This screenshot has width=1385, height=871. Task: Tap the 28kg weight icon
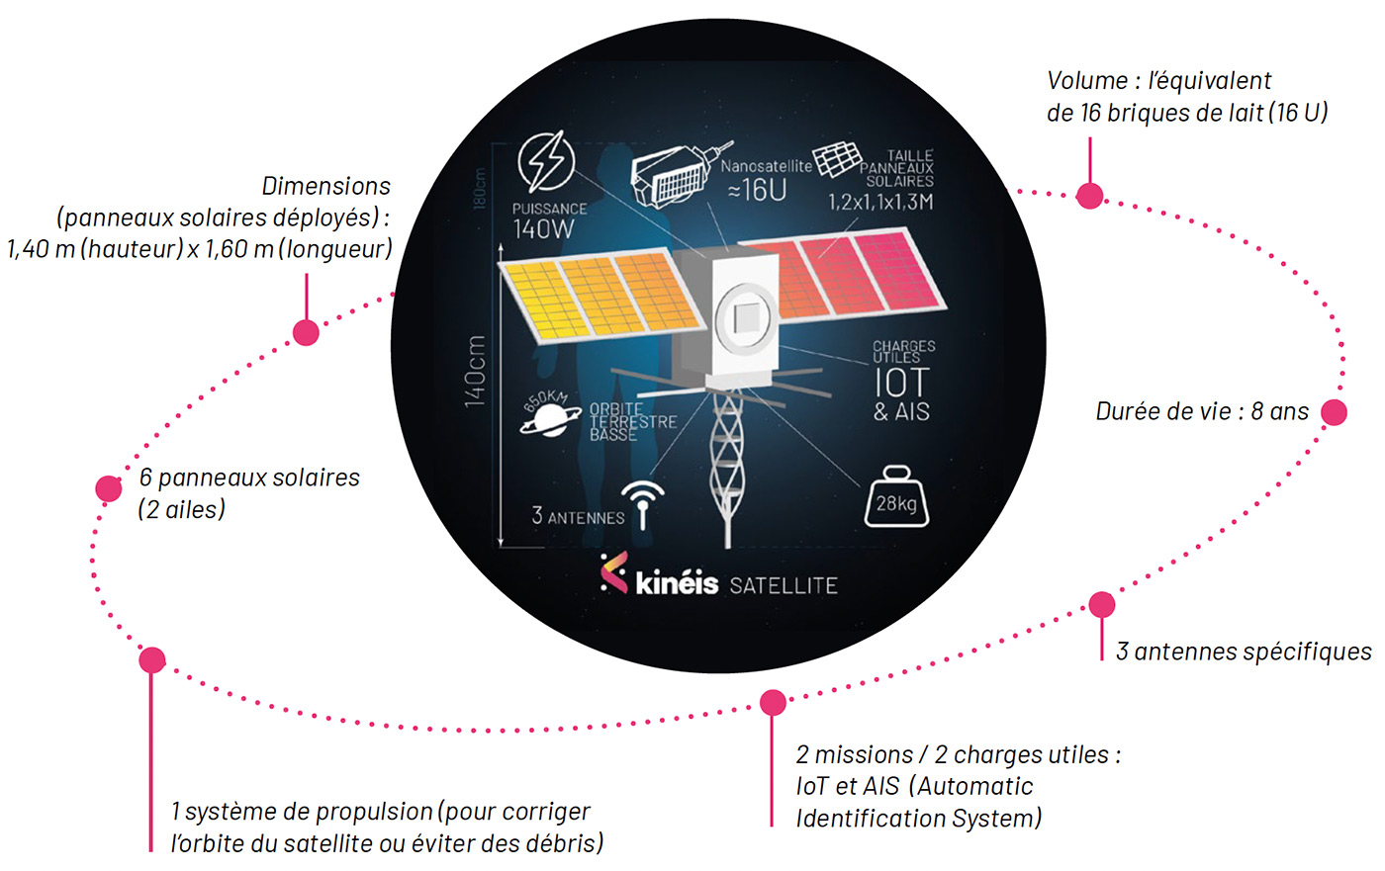[896, 496]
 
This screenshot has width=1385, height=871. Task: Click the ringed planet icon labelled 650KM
[548, 414]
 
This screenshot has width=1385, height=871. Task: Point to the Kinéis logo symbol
[613, 573]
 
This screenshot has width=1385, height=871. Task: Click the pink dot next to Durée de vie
[1334, 412]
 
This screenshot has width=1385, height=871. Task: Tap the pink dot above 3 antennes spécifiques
[1101, 604]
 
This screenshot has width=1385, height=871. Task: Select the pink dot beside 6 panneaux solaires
[109, 487]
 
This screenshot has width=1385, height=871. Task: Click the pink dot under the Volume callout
[1089, 196]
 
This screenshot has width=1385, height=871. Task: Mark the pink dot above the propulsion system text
[151, 659]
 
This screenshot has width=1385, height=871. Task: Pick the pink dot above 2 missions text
[773, 702]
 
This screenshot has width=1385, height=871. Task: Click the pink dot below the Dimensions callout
[306, 332]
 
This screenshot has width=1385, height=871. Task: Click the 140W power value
[543, 229]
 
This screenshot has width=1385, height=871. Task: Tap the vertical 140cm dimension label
[476, 370]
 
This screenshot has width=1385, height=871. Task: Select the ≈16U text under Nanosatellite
[757, 190]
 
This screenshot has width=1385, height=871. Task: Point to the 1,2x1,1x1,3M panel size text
[879, 203]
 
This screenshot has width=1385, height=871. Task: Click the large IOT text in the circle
[901, 383]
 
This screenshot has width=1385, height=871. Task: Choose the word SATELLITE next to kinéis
[784, 585]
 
